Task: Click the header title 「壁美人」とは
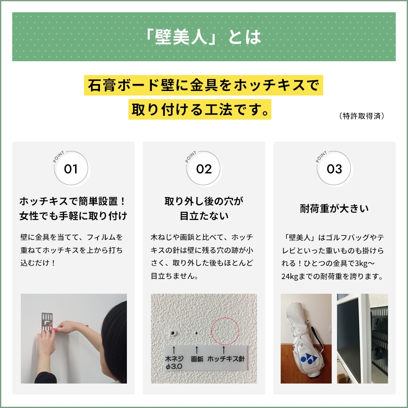pyautogui.click(x=204, y=37)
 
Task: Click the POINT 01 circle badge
pyautogui.click(x=71, y=169)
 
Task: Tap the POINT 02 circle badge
pyautogui.click(x=204, y=169)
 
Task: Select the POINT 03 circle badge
pyautogui.click(x=334, y=169)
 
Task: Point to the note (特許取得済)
pyautogui.click(x=361, y=116)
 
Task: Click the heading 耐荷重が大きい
pyautogui.click(x=334, y=209)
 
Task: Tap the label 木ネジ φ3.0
pyautogui.click(x=174, y=363)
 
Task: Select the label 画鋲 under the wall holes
pyautogui.click(x=197, y=359)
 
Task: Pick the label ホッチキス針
pyautogui.click(x=226, y=359)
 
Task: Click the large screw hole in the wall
pyautogui.click(x=174, y=333)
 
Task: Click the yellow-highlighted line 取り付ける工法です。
pyautogui.click(x=200, y=109)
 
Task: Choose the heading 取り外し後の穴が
pyautogui.click(x=204, y=201)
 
